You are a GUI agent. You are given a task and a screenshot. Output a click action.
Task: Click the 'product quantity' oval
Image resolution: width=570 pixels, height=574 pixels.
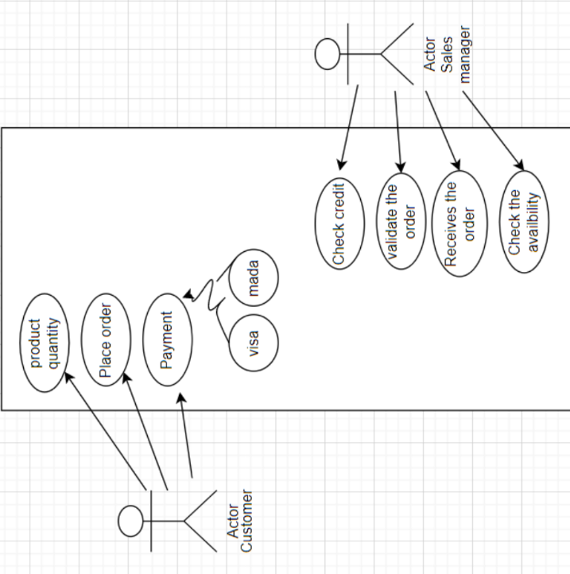coord(45,343)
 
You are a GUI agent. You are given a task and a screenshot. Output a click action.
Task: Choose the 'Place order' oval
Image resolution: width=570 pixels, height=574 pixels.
coord(105,339)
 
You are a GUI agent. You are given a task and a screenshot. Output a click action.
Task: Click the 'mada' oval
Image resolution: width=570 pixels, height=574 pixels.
coord(254,277)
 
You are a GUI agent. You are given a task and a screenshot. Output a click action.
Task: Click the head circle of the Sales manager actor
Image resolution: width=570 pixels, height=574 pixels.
coord(327,55)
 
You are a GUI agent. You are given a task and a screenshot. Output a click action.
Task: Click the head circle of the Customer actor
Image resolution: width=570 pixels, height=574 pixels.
coord(130,521)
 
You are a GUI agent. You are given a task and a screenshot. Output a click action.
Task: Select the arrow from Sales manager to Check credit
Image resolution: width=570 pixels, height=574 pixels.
coord(348,127)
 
